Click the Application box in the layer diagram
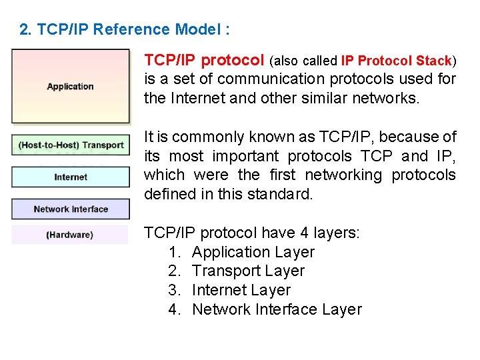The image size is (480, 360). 70,86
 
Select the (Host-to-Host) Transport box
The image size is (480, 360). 71,145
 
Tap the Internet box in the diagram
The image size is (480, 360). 71,177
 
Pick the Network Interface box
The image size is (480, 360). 71,209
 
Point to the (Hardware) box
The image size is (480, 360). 69,235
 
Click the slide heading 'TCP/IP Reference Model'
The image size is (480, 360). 133,29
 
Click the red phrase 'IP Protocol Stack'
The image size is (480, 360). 396,61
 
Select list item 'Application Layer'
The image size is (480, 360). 253,252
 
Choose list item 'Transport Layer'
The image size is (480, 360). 248,271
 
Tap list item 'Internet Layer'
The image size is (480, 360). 241,290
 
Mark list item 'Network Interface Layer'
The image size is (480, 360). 277,309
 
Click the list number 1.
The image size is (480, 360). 175,252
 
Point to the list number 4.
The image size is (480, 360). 175,309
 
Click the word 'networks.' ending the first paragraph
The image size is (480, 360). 389,99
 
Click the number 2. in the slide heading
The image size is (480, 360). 25,29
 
